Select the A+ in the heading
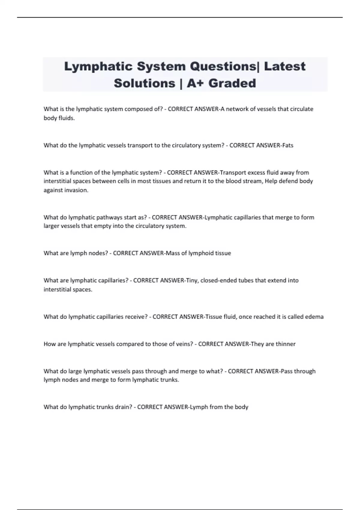196,83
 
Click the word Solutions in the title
145,83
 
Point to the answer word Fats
288,145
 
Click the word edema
314,317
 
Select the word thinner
285,344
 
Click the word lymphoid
201,253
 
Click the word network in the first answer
237,109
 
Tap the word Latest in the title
285,66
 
